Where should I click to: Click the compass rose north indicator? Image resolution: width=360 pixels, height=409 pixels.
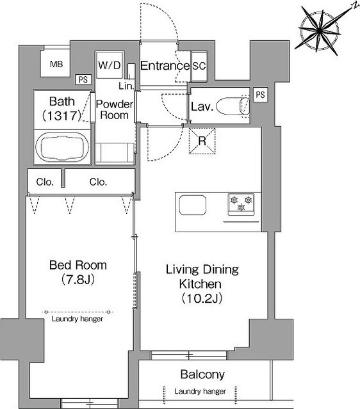[x=320, y=30]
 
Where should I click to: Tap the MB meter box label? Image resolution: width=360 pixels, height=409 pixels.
[x=56, y=64]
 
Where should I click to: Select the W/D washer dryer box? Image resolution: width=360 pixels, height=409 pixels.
[x=110, y=65]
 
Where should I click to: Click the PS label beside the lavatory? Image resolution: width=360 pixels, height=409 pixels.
[x=260, y=95]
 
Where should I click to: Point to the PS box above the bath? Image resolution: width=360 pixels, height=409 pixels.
[x=83, y=79]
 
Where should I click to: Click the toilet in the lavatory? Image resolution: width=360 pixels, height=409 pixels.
[x=233, y=106]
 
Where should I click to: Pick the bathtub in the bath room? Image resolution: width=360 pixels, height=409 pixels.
[x=62, y=148]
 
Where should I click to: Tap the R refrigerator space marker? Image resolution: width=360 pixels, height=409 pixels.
[x=202, y=141]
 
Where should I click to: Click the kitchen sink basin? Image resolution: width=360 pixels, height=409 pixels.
[x=192, y=205]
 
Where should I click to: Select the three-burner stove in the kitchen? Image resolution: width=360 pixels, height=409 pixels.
[x=241, y=204]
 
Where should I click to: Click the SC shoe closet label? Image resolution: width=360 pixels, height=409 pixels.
[x=199, y=66]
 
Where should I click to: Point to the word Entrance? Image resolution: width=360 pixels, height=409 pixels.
[x=165, y=66]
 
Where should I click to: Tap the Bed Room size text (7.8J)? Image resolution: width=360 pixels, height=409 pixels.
[x=78, y=279]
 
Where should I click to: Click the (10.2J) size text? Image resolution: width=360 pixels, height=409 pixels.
[x=202, y=298]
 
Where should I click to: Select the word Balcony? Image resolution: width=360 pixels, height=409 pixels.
[x=202, y=374]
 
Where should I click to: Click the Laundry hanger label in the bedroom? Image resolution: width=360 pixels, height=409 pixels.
[x=78, y=319]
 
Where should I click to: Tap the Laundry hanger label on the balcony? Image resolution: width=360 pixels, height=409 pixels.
[x=200, y=391]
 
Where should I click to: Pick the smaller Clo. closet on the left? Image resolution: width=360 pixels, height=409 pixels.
[x=45, y=182]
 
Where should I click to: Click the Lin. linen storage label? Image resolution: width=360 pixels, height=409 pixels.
[x=126, y=86]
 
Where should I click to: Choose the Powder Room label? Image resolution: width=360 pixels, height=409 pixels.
[x=115, y=109]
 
